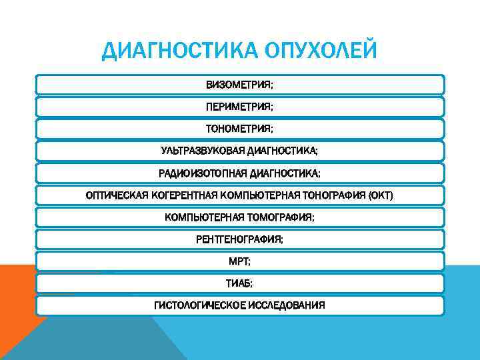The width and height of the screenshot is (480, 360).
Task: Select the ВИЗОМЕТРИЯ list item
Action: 239,85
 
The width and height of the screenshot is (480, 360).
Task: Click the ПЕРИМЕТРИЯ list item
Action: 239,107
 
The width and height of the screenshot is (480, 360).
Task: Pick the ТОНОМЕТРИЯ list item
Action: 239,129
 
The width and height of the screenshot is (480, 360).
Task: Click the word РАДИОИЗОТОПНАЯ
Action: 202,173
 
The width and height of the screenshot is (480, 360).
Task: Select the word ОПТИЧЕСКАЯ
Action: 115,195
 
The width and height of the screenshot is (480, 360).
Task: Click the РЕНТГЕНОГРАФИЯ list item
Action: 239,239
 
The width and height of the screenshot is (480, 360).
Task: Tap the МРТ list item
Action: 239,261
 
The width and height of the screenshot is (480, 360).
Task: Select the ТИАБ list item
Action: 239,283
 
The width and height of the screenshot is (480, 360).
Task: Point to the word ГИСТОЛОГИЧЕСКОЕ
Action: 200,305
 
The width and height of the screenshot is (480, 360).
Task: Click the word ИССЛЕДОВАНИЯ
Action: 287,305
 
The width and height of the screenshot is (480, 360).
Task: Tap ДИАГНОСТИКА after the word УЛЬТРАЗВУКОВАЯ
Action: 281,151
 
